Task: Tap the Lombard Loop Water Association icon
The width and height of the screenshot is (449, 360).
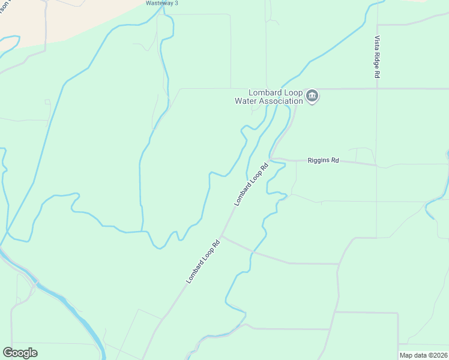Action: [x=312, y=96]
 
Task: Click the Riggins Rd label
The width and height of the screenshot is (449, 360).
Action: [x=323, y=160]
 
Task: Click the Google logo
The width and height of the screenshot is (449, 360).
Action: [x=20, y=353]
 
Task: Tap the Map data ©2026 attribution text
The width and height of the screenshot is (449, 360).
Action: [x=423, y=355]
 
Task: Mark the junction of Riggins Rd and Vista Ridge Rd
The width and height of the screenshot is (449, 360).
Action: [x=376, y=164]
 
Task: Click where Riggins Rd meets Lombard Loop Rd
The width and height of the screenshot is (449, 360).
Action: [x=271, y=159]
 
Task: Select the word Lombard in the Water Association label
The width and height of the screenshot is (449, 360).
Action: [x=264, y=92]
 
